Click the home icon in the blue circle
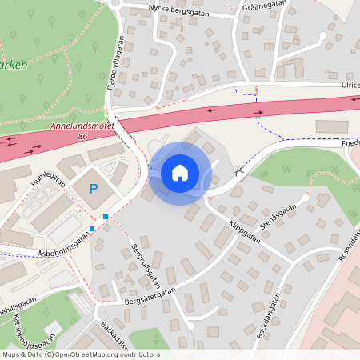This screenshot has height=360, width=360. [x=180, y=172]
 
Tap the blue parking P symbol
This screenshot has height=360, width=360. [x=94, y=190]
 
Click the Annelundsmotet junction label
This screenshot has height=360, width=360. [x=82, y=126]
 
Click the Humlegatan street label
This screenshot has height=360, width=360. [x=46, y=170]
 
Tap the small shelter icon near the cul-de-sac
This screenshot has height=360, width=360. [x=238, y=170]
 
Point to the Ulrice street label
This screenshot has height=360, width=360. [x=350, y=85]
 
